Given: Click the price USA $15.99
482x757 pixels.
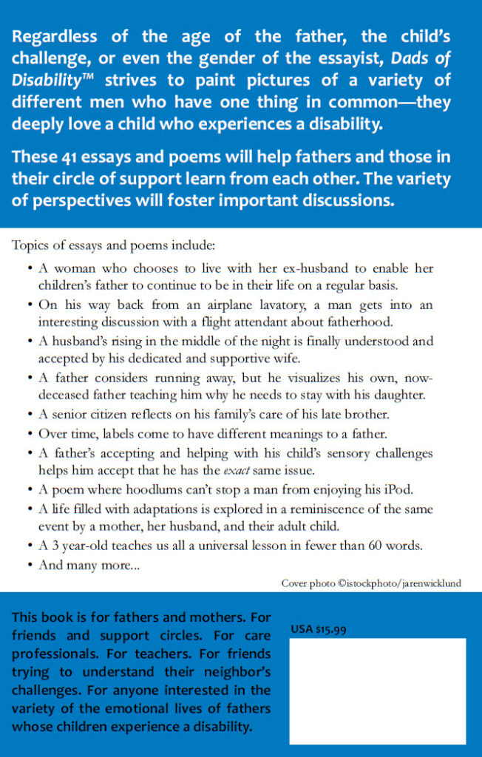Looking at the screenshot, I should pos(319,630).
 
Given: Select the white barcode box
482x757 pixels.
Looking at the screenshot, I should pos(377,690).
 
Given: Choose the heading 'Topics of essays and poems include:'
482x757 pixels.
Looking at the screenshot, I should pos(113,245).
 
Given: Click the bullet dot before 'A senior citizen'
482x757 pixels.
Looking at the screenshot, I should pos(29,413).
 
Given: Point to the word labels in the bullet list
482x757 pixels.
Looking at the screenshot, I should pos(118,432).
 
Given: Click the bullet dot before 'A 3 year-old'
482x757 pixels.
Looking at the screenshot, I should pos(29,547).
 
